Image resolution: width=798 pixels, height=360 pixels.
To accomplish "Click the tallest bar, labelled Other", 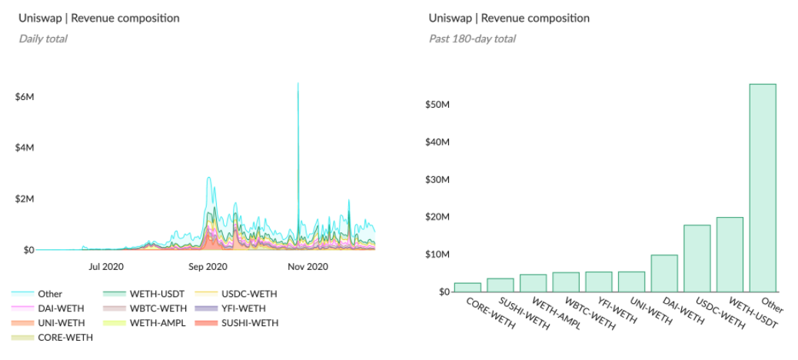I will point(763,188).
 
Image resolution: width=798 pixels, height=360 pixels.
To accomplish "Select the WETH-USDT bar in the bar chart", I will point(730,255).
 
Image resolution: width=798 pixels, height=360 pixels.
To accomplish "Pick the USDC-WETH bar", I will point(697,258).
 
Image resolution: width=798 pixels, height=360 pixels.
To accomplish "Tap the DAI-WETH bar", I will point(664,273).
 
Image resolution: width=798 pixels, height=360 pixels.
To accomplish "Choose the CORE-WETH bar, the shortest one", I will point(467,287).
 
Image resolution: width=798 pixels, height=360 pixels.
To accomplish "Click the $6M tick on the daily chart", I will point(25,97).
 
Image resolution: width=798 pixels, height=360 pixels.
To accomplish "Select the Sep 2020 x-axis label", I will point(207,268).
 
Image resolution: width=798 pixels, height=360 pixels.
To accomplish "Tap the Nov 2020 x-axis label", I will point(308,268).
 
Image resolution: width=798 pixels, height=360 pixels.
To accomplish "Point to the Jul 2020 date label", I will point(106,268).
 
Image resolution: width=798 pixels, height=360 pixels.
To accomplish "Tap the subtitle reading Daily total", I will point(43,38).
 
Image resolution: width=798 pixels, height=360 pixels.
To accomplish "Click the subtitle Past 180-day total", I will point(472,38).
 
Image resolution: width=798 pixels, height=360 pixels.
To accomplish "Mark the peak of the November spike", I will point(298,83).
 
